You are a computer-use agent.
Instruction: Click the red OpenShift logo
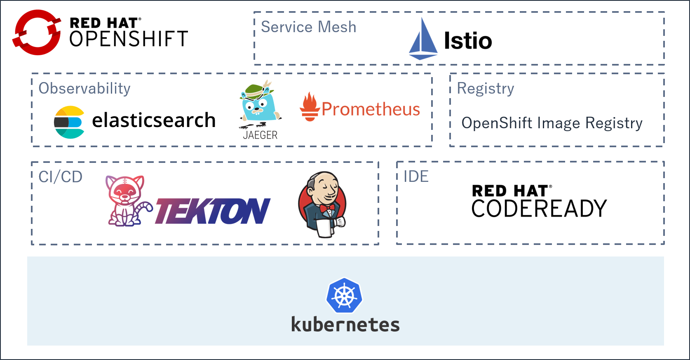pos(37,32)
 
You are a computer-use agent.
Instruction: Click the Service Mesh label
pos(308,27)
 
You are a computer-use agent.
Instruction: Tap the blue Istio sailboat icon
pos(423,39)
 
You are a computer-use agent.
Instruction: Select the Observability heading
pos(84,88)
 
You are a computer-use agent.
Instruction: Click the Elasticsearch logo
pos(70,122)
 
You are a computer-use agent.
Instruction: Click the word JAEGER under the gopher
pos(261,135)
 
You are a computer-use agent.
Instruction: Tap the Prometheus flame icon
pos(310,107)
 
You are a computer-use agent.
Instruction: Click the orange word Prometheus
pos(371,109)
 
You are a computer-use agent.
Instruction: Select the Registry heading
pos(486,88)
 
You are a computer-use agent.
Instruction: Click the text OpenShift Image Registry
pos(552,123)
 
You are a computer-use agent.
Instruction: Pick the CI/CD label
pos(61,177)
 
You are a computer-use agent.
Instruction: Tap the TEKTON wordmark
pos(213,211)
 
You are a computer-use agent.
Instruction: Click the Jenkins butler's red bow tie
pos(327,208)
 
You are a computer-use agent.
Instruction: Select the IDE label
pos(416,176)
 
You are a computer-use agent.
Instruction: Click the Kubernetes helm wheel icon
pos(344,296)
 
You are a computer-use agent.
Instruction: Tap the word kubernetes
pos(345,325)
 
